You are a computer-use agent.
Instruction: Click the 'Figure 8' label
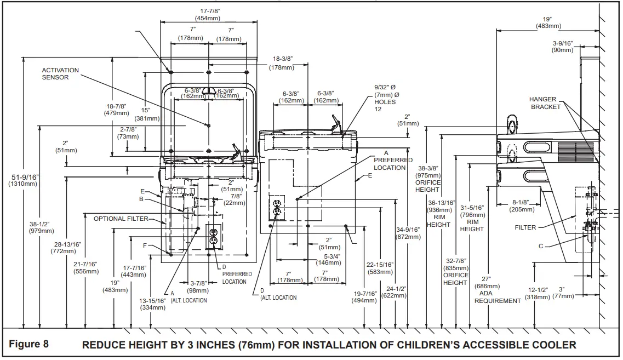click(28, 344)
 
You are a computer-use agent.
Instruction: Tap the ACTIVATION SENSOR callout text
click(60, 74)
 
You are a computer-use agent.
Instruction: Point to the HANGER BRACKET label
click(545, 103)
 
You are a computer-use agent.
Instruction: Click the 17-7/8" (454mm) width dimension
click(209, 15)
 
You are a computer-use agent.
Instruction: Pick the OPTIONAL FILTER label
click(121, 219)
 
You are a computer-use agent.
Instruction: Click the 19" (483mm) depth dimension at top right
click(548, 22)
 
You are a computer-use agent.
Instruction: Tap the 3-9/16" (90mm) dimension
click(563, 47)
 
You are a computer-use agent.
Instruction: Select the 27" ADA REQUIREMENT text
click(498, 290)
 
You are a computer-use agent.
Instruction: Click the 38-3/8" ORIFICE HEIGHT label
click(428, 179)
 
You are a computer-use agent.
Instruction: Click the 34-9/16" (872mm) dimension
click(408, 233)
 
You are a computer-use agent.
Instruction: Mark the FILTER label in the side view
click(525, 227)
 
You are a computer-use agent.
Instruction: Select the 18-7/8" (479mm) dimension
click(116, 110)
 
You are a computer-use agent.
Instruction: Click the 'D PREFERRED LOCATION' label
click(237, 274)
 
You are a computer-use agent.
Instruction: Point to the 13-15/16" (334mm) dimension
click(152, 304)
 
